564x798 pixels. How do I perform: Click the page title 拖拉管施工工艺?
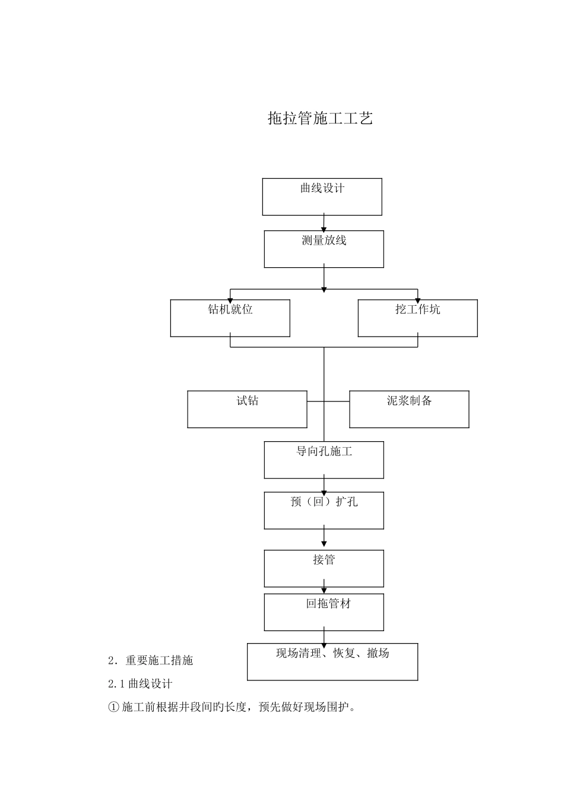[320, 118]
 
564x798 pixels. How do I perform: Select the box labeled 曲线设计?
[322, 197]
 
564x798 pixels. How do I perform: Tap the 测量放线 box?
[324, 249]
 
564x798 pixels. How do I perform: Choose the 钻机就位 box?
[230, 318]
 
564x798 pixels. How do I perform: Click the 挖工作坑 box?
[417, 318]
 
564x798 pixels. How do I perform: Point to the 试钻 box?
[247, 409]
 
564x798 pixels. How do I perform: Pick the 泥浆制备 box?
[409, 409]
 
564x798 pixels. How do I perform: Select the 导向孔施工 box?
[324, 460]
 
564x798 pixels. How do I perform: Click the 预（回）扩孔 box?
[324, 510]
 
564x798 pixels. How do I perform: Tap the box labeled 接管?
[324, 568]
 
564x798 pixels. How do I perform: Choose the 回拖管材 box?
[324, 612]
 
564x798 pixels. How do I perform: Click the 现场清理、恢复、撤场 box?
[332, 661]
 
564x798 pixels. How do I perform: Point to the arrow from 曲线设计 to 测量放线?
[324, 223]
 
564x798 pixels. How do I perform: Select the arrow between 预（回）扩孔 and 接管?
[324, 537]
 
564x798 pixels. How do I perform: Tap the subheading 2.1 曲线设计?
[140, 684]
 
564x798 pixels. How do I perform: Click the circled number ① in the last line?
[114, 708]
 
